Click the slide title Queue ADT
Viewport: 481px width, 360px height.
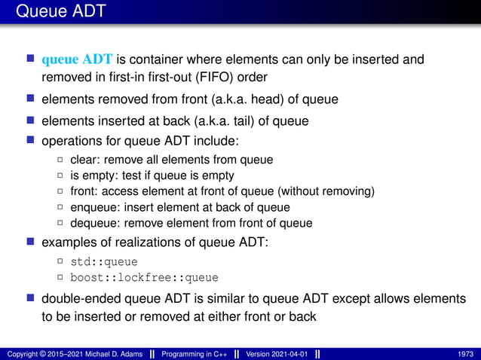(60, 11)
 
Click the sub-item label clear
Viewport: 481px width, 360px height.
(84, 159)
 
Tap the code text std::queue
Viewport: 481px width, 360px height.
(103, 262)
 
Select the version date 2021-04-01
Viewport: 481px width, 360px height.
(290, 354)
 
